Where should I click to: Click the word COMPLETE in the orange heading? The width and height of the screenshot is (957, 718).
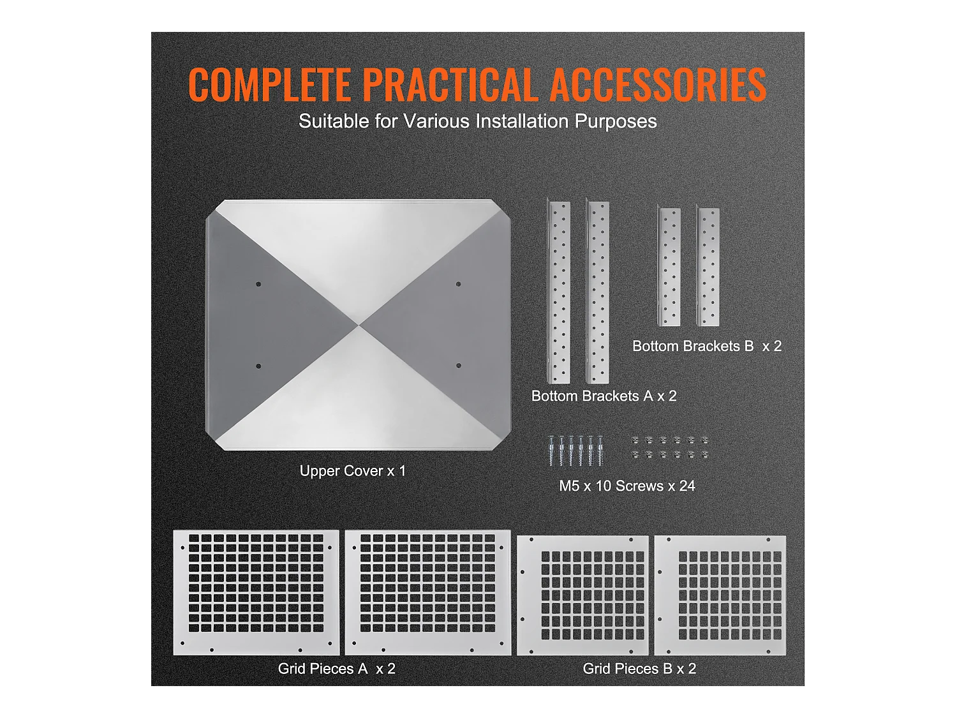pyautogui.click(x=269, y=85)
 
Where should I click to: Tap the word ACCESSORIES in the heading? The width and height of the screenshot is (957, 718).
pyautogui.click(x=658, y=85)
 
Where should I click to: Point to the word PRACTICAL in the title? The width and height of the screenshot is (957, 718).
pyautogui.click(x=450, y=85)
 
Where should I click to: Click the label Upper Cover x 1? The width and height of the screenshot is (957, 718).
pyautogui.click(x=353, y=471)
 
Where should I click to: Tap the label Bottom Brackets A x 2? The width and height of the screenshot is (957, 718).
pyautogui.click(x=604, y=396)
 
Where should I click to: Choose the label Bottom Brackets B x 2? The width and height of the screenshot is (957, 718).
pyautogui.click(x=707, y=346)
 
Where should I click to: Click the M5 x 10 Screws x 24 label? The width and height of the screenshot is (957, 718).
pyautogui.click(x=627, y=486)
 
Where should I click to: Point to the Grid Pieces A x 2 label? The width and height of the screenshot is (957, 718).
pyautogui.click(x=337, y=669)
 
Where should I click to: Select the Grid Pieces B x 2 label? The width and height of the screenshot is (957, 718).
pyautogui.click(x=639, y=669)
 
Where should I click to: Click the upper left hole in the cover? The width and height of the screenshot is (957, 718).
pyautogui.click(x=258, y=284)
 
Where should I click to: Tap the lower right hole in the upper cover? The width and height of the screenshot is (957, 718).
pyautogui.click(x=458, y=366)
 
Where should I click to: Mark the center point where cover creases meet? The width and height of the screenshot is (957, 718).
pyautogui.click(x=359, y=325)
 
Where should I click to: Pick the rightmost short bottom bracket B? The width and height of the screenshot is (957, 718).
pyautogui.click(x=708, y=266)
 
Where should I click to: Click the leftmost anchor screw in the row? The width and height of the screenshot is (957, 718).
pyautogui.click(x=551, y=451)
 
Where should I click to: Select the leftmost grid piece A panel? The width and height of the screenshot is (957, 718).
pyautogui.click(x=256, y=592)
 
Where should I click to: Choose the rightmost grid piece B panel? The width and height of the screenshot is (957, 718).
pyautogui.click(x=720, y=595)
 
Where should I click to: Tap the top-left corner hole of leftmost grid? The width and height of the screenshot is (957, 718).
pyautogui.click(x=182, y=548)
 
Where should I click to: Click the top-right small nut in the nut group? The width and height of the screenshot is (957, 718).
pyautogui.click(x=704, y=440)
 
